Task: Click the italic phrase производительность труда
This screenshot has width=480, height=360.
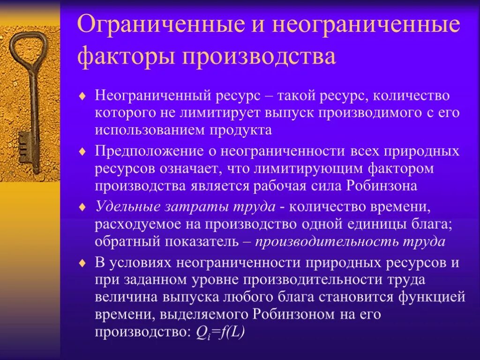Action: (x=350, y=242)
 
